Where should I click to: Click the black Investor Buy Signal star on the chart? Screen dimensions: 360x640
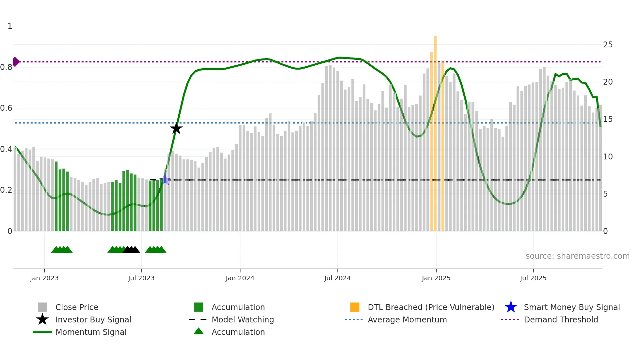tap(176, 128)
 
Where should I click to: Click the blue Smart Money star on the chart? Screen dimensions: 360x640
tap(165, 179)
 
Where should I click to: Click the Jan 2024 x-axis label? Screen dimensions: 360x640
tap(240, 278)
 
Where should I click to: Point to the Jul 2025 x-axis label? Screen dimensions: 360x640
tap(533, 278)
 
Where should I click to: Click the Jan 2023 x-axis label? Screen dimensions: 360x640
tap(44, 278)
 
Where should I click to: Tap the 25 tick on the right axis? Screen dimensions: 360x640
tap(608, 45)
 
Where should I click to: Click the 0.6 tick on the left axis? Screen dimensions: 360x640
tap(6, 108)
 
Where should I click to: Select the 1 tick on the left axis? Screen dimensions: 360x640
tap(10, 26)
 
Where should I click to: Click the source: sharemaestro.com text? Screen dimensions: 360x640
tap(577, 256)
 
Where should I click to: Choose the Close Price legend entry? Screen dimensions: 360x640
tap(77, 307)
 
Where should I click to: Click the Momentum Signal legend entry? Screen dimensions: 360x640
tap(91, 332)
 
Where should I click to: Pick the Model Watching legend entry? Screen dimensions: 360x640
tap(243, 319)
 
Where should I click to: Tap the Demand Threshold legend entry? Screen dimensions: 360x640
tap(561, 319)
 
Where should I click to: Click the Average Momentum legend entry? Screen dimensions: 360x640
tap(407, 319)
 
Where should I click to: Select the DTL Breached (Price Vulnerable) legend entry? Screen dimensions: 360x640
tap(431, 307)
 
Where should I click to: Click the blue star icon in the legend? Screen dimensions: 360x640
tap(511, 307)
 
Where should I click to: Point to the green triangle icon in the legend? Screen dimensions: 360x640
tap(199, 332)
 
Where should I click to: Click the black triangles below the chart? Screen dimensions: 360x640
tap(131, 250)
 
